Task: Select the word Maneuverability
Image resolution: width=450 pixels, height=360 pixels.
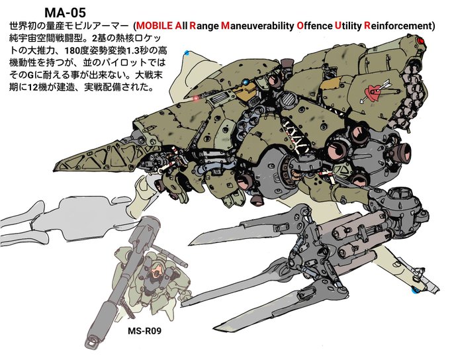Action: (x=257, y=26)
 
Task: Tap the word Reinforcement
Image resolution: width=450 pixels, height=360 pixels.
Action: (x=394, y=26)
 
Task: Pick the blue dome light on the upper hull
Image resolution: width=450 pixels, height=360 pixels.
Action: (x=246, y=83)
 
